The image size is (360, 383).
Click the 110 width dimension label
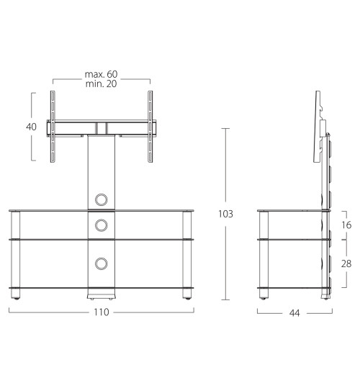click(102, 312)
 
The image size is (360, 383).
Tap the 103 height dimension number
click(225, 214)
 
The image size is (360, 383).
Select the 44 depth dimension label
click(294, 313)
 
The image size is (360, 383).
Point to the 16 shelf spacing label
click(346, 225)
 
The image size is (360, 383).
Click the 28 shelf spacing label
click(346, 263)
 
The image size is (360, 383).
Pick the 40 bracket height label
click(31, 127)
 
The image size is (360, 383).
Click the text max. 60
click(101, 74)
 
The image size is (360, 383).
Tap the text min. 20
click(101, 84)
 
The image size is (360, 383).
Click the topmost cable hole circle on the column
click(101, 199)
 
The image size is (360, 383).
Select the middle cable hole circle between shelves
click(101, 225)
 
